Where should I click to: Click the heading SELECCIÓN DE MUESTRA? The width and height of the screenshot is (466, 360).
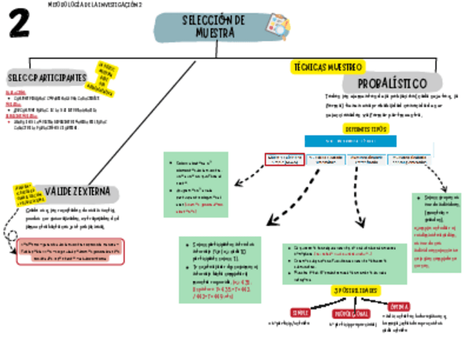tap(214, 27)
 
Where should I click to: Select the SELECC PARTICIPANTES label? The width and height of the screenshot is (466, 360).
tap(47, 77)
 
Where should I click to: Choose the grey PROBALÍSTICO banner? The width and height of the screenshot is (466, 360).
tap(392, 84)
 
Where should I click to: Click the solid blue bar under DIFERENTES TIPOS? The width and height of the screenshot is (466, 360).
tap(350, 141)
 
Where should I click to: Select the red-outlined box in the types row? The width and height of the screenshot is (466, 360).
tap(284, 159)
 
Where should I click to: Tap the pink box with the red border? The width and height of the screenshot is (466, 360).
tap(71, 251)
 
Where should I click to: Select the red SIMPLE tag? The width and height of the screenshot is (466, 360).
tap(301, 312)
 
